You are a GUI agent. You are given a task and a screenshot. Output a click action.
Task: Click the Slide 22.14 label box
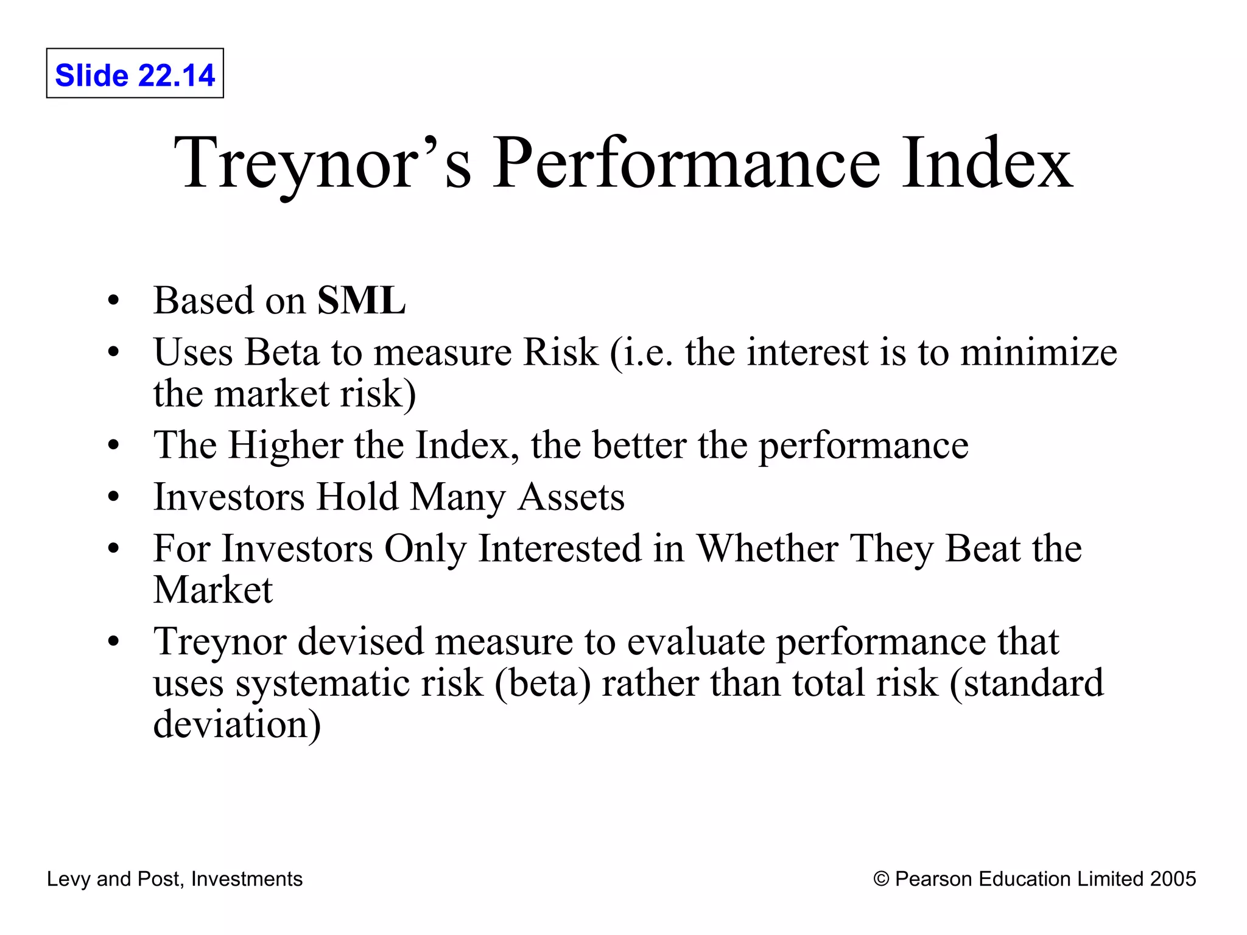click(x=135, y=74)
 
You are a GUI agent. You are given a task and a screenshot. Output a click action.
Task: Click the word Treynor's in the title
click(x=323, y=163)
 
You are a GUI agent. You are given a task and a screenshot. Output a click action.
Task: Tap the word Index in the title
click(x=986, y=163)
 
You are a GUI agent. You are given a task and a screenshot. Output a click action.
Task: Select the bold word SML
click(x=361, y=300)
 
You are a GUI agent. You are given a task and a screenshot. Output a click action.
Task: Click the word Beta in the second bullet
click(x=282, y=352)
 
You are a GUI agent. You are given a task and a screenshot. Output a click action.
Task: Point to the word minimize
click(x=1038, y=352)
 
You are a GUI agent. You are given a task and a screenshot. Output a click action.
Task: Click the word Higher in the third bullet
click(x=286, y=445)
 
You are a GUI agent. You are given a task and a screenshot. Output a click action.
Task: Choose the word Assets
click(x=571, y=497)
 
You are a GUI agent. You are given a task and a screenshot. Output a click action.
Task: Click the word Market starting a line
click(x=213, y=590)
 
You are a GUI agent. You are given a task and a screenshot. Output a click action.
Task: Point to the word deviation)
click(x=237, y=724)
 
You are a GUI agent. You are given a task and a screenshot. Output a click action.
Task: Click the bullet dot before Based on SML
click(x=113, y=301)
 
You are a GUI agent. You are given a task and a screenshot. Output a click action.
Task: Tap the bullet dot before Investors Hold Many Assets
click(x=113, y=497)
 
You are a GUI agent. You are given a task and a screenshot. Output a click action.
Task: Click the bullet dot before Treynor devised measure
click(x=113, y=642)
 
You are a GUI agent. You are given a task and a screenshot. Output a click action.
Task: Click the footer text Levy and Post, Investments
click(x=175, y=879)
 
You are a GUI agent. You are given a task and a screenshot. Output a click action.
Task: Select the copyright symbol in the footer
click(x=881, y=879)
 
